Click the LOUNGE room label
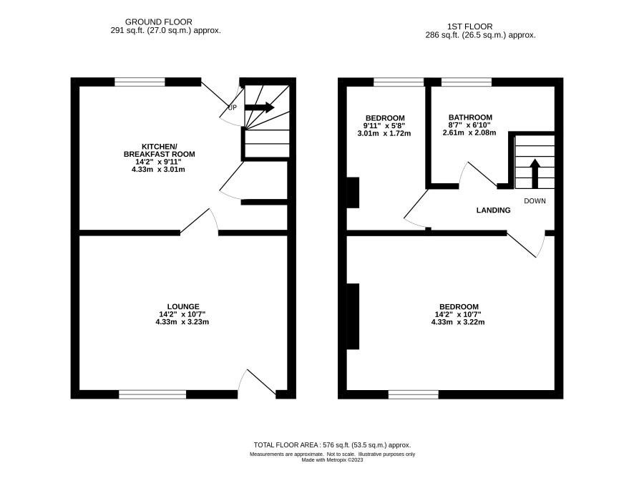(x=183, y=307)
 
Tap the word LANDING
(x=493, y=210)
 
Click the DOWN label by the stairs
(x=535, y=201)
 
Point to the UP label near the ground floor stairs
(x=232, y=108)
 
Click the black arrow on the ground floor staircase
(x=260, y=107)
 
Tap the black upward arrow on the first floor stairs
(x=535, y=173)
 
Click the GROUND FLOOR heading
(x=159, y=22)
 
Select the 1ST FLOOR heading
(x=470, y=26)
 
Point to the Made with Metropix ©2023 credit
(x=332, y=460)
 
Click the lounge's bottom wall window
(x=152, y=394)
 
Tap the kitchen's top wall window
(x=140, y=82)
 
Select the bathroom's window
(x=467, y=82)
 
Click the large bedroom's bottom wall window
(x=413, y=394)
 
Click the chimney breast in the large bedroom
(x=353, y=316)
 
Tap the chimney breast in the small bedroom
(x=353, y=193)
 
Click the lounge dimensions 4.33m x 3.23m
(x=182, y=322)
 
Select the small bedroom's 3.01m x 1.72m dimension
(x=384, y=133)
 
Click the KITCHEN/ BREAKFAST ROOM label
(x=159, y=150)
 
